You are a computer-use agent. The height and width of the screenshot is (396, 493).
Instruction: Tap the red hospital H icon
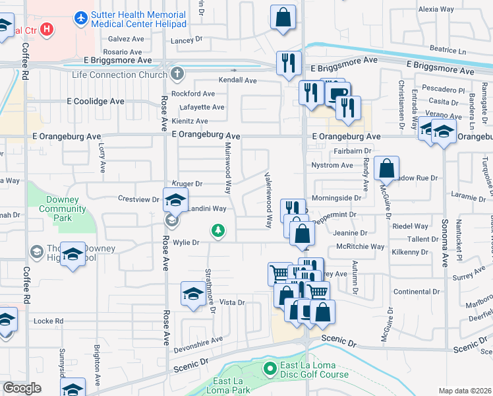pos(47,29)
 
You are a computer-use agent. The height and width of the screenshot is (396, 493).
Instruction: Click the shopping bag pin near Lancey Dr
pos(283,18)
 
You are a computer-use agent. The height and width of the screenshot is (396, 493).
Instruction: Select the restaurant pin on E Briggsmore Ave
pos(289,63)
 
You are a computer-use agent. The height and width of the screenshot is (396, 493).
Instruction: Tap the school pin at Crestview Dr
pos(175,200)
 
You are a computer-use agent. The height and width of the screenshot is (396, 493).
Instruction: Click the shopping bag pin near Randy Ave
pos(386,168)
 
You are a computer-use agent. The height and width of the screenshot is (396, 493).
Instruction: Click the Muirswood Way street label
pos(228,168)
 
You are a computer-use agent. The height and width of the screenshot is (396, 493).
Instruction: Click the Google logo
pos(22,388)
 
